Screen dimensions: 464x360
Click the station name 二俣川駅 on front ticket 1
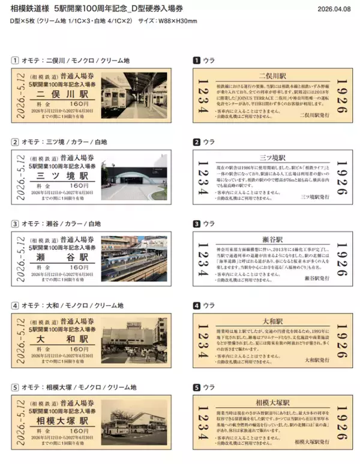click(62, 94)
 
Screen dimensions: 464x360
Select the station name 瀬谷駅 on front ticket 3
click(62, 257)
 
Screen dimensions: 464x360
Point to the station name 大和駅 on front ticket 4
click(62, 339)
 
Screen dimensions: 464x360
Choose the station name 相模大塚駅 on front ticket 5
click(62, 420)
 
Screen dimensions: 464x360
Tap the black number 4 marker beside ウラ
click(195, 305)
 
